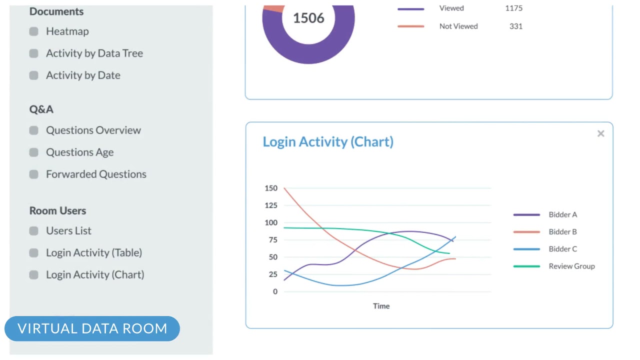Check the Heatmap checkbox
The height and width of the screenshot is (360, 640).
[34, 31]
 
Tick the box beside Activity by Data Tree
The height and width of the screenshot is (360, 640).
[34, 53]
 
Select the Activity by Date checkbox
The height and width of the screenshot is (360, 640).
[34, 75]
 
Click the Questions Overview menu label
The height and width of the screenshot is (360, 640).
[93, 130]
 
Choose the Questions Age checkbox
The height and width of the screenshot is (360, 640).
[34, 152]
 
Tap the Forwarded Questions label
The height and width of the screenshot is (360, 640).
[96, 174]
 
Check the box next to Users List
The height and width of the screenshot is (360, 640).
[34, 231]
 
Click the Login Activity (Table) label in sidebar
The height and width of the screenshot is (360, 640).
[94, 253]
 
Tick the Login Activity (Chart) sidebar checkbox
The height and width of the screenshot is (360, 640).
[34, 275]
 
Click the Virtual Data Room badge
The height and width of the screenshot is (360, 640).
[92, 328]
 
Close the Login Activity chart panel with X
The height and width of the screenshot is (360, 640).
[600, 133]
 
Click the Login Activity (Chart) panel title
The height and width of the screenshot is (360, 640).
[328, 142]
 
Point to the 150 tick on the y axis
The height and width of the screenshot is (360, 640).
[271, 188]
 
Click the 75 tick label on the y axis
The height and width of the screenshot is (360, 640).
[272, 240]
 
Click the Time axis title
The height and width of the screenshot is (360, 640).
[381, 306]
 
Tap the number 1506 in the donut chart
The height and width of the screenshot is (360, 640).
[308, 18]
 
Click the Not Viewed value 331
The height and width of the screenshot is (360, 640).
[516, 26]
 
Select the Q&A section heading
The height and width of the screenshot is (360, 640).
[41, 109]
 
